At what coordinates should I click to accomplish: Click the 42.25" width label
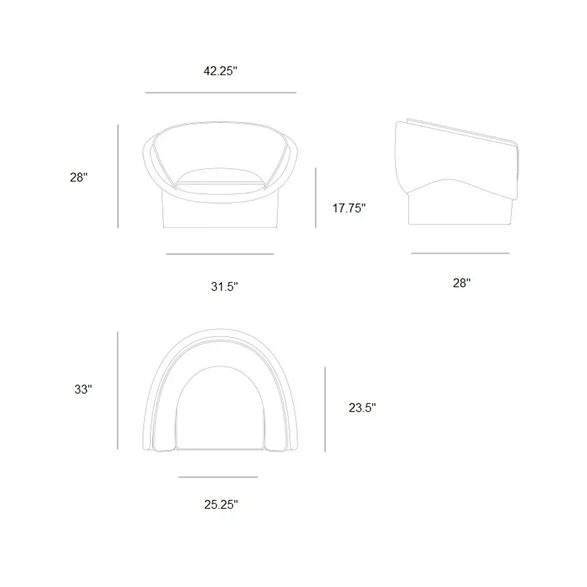coord(220,71)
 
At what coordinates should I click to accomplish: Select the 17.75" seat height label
coord(349,208)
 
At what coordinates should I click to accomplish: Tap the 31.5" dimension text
coord(224,287)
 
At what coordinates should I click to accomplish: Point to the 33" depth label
coord(83,389)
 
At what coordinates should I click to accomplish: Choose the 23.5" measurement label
coord(362,408)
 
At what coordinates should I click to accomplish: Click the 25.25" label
coord(221,504)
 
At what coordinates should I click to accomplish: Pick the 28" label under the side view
coord(461,283)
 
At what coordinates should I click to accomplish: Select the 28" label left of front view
coord(79,177)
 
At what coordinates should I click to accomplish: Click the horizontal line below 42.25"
coord(221,92)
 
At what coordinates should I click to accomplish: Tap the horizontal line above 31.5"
coord(220,254)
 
